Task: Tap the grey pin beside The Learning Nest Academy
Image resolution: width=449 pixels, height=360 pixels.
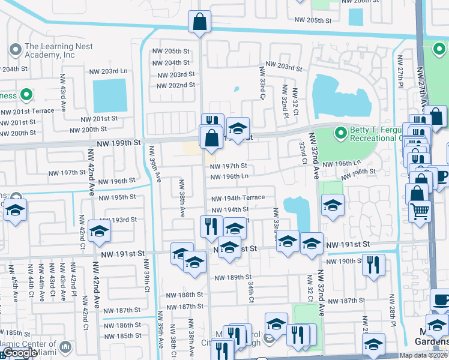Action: (x=14, y=49)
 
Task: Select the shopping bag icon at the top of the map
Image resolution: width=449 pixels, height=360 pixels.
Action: (x=199, y=22)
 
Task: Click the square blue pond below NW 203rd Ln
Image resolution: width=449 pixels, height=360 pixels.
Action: (x=110, y=95)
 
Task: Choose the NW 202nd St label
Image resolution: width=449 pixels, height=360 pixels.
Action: (x=176, y=85)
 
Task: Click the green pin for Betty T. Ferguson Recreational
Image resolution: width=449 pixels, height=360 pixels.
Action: (x=341, y=131)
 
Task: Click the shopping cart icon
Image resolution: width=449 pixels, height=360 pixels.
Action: (x=420, y=211)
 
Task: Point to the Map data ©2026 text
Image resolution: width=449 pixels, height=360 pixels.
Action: (x=424, y=355)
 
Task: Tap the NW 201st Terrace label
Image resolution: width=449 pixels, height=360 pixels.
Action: (x=27, y=112)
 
